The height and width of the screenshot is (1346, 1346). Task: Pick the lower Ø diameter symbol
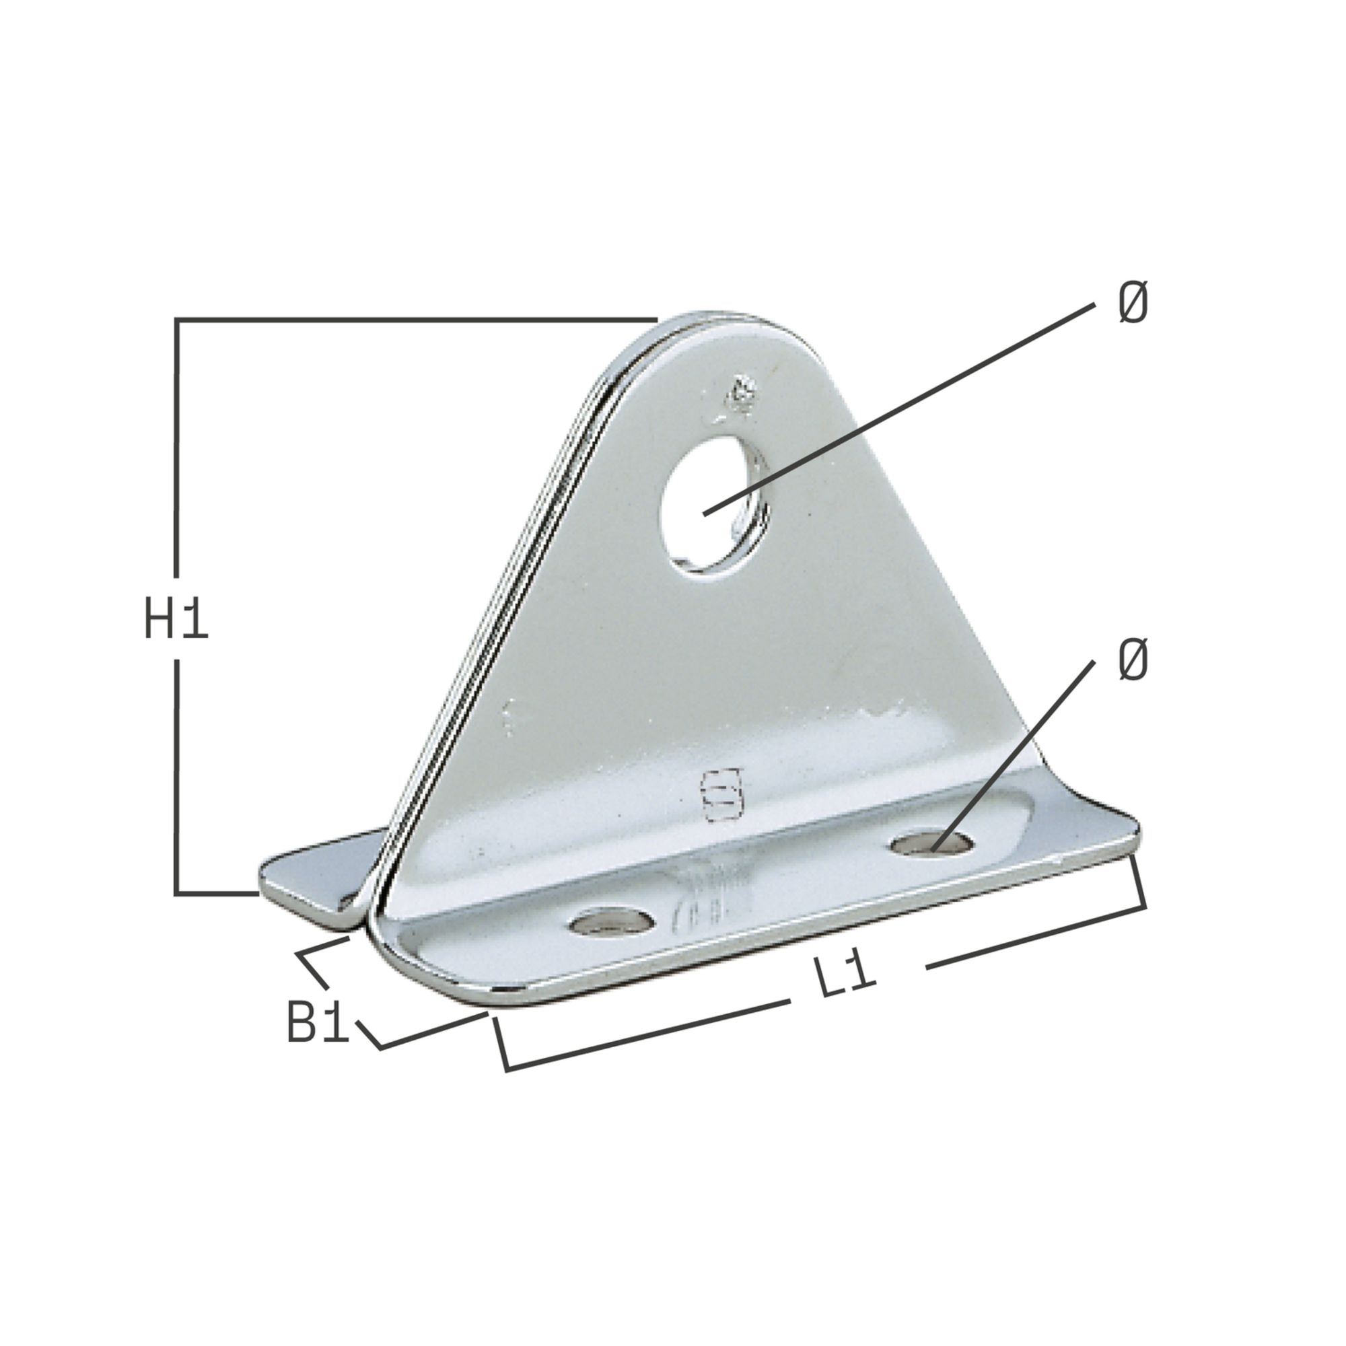tap(1133, 660)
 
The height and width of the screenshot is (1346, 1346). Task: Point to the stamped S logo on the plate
tap(721, 793)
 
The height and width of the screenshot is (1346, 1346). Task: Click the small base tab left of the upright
tap(314, 876)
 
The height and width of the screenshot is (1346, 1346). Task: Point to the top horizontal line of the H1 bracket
tap(418, 320)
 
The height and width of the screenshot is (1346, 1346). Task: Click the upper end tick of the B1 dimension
tap(322, 946)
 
